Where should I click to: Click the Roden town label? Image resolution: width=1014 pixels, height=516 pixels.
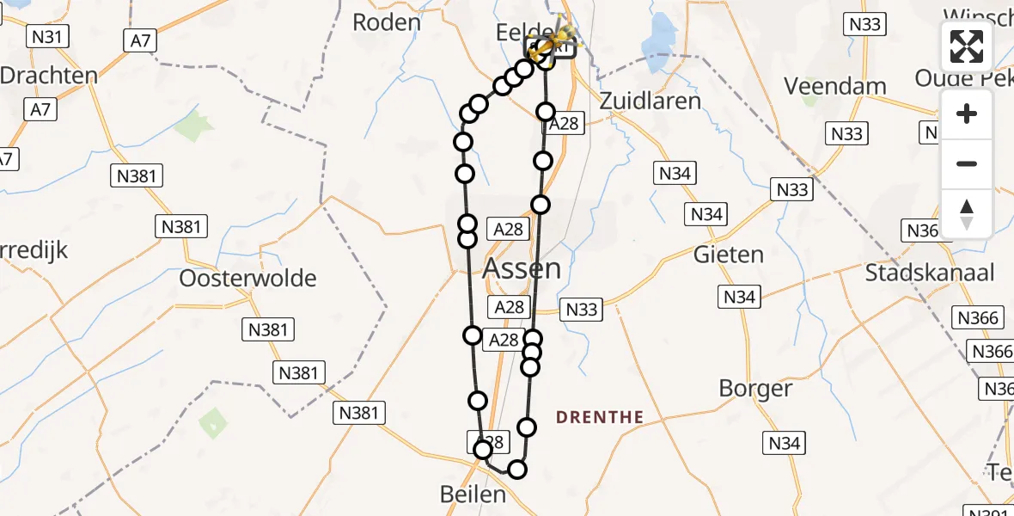pos(387,22)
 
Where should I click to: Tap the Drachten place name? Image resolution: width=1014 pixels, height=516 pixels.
pos(48,75)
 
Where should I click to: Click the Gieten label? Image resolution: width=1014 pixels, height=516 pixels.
pos(728,255)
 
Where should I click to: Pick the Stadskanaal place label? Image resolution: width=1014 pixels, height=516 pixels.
pos(929,273)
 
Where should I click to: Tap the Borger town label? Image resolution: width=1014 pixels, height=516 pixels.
pos(755,389)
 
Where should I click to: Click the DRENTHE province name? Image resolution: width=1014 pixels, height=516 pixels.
pos(600,418)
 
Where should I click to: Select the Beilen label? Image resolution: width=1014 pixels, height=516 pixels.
pos(472,494)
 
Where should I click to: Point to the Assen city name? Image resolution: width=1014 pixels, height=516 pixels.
pos(522,268)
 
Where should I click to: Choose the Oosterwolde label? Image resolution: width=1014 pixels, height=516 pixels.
pos(247,279)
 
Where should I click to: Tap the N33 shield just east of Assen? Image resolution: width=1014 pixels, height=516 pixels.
pos(582,310)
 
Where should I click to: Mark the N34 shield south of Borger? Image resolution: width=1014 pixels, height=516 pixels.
pos(783,443)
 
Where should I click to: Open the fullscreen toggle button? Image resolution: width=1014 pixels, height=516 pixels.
pos(967,46)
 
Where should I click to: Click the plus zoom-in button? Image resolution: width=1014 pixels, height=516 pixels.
pos(967,114)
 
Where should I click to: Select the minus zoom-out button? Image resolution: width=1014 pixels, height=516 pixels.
pos(967,163)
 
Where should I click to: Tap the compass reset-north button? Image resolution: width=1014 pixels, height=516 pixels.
pos(967,213)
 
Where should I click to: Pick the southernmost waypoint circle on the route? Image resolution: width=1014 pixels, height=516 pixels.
pos(517,469)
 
